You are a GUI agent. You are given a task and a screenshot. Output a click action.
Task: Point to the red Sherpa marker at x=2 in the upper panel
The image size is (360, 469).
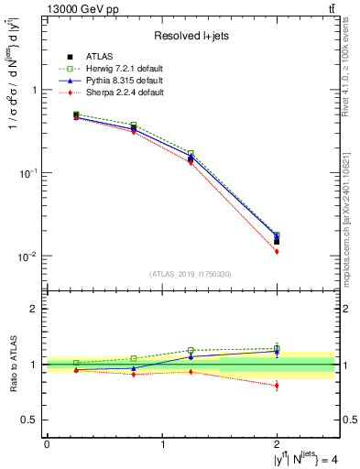point(277,251)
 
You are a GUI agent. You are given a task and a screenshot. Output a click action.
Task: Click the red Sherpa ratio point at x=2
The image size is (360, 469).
point(277,386)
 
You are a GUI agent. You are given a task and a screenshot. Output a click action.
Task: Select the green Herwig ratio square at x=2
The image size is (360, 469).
point(277,348)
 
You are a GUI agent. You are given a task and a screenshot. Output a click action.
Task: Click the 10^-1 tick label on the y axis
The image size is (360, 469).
point(30,173)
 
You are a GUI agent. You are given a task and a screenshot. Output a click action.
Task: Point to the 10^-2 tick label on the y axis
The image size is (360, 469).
point(30,256)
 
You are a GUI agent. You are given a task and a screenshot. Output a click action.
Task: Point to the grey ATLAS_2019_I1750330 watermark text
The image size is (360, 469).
point(191,274)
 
